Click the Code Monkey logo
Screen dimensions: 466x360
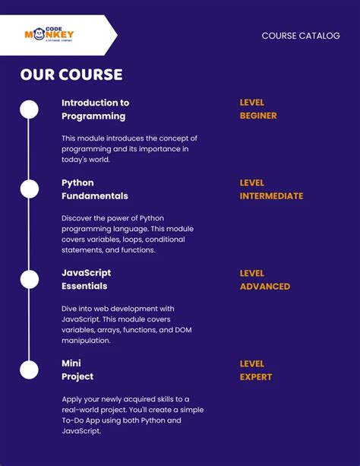coord(49,35)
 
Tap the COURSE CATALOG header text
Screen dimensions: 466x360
coord(301,36)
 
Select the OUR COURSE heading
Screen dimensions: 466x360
coord(71,74)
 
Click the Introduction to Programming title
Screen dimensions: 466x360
coord(95,109)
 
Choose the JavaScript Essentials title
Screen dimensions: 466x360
coord(86,279)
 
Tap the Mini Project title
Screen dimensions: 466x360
coord(77,369)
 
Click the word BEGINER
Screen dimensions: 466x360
coord(258,116)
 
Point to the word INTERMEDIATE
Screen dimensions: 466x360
coord(271,196)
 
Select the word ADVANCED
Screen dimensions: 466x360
coord(265,287)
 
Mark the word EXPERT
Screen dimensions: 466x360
coord(256,377)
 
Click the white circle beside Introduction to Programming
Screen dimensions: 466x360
coord(29,109)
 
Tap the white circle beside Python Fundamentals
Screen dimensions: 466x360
coord(29,189)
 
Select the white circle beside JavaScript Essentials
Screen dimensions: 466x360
coord(29,279)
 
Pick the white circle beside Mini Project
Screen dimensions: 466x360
coord(29,369)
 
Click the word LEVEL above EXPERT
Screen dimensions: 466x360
coord(252,363)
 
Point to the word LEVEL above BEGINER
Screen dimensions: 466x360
coord(252,103)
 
